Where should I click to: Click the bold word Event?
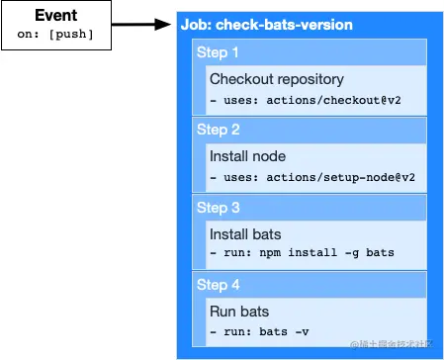click(x=56, y=17)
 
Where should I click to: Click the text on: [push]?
click(x=56, y=34)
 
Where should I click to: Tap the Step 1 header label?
click(x=218, y=53)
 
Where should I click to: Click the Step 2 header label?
click(x=218, y=131)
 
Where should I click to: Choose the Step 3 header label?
click(x=218, y=208)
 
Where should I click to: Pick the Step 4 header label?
click(x=218, y=285)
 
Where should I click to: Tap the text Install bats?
click(x=244, y=233)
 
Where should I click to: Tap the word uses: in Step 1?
click(x=239, y=100)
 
